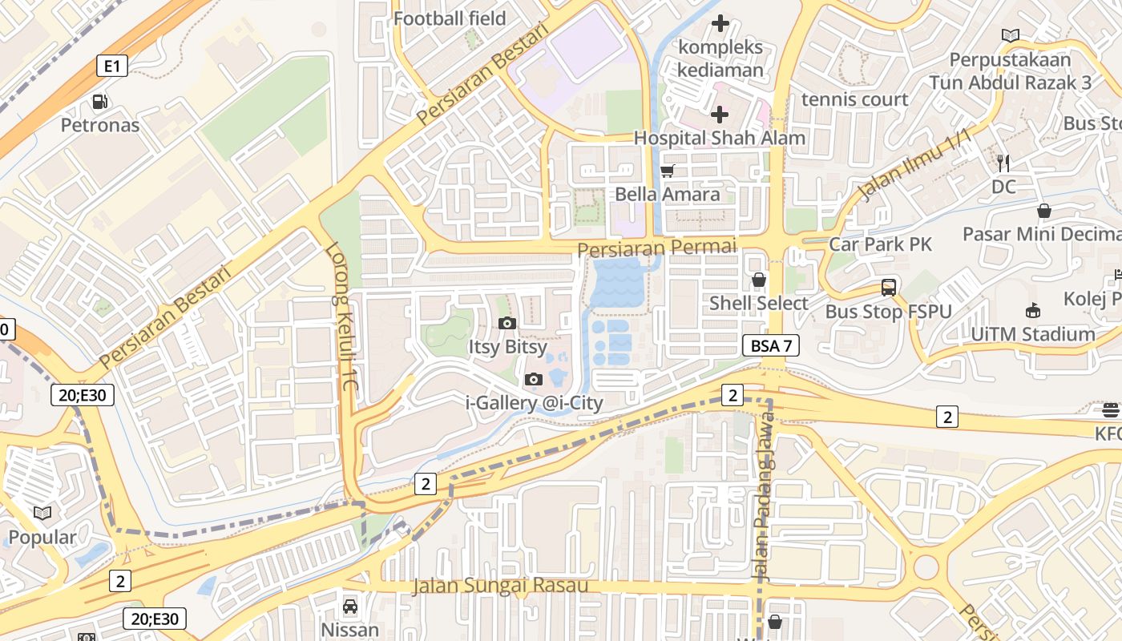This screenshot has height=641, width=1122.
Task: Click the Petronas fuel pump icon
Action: click(x=99, y=102)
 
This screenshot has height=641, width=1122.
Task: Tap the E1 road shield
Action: click(x=112, y=66)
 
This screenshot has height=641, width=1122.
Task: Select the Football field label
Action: click(x=450, y=18)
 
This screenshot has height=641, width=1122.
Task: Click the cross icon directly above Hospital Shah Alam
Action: click(x=720, y=115)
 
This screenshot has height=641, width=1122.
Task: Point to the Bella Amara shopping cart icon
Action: click(x=668, y=171)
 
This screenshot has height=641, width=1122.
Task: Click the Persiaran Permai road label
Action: click(x=656, y=248)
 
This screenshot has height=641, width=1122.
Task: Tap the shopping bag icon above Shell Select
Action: click(x=758, y=280)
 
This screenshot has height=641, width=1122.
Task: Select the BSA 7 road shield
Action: click(x=771, y=346)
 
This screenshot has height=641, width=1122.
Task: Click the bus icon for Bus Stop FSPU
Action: click(x=888, y=288)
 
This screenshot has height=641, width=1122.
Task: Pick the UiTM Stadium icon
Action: click(x=1032, y=311)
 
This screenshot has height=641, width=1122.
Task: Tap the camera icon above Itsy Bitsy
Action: click(x=507, y=324)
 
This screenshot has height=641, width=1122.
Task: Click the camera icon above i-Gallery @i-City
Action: click(x=534, y=379)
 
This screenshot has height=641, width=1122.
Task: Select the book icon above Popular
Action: click(x=42, y=513)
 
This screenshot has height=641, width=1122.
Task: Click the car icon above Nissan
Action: click(x=350, y=607)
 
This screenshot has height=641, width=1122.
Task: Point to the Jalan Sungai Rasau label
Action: click(x=500, y=586)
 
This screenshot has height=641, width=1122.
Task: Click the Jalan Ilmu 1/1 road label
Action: click(x=914, y=166)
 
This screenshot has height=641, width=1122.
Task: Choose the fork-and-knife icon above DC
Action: click(x=1003, y=163)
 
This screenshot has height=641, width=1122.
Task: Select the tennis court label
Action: click(x=854, y=99)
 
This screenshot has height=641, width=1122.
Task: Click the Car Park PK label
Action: click(x=881, y=244)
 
